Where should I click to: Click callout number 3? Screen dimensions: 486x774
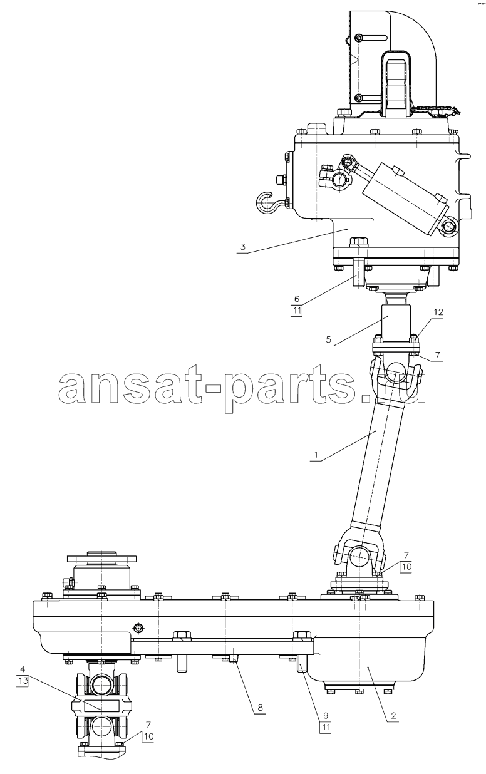243,247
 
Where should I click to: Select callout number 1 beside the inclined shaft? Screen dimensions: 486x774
315,455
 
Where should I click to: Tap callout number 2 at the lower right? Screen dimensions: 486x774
393,715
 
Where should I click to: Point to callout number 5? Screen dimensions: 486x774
328,339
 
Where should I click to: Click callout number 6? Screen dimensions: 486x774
297,299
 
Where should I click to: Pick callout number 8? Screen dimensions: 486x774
259,708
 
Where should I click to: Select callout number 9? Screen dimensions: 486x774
326,715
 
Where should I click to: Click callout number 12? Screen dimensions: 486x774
438,312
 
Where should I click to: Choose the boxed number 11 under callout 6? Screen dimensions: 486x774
297,311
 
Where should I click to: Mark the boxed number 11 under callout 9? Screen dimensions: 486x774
326,727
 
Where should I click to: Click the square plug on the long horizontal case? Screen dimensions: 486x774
138,628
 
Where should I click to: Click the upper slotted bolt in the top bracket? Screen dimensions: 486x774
359,38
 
